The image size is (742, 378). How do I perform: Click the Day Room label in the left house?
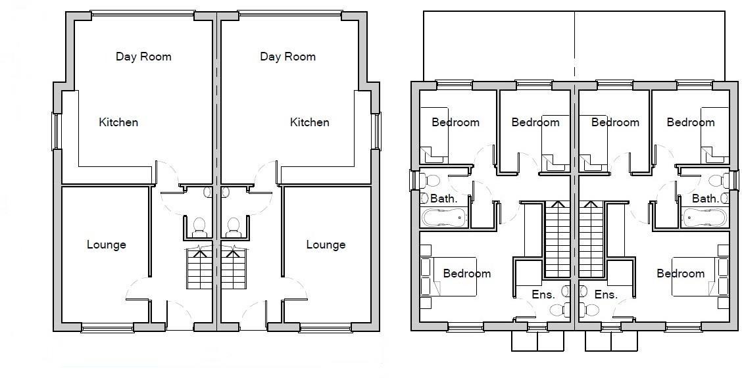(x=143, y=57)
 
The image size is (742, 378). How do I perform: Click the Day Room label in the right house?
(x=287, y=57)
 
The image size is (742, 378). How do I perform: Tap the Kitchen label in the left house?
(x=118, y=122)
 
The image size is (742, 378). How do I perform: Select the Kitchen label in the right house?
(x=309, y=122)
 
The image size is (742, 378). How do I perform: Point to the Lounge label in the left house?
(x=106, y=245)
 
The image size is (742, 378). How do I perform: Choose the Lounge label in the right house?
(x=326, y=245)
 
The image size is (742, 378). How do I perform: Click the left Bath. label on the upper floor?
(x=443, y=198)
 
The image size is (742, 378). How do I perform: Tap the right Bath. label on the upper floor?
(x=705, y=198)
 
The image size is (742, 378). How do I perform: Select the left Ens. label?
(x=543, y=295)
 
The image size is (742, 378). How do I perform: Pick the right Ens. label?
(x=606, y=295)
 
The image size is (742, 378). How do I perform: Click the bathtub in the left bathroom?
(x=444, y=218)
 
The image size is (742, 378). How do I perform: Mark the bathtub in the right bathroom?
(x=704, y=218)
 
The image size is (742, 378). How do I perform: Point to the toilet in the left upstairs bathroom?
(x=431, y=179)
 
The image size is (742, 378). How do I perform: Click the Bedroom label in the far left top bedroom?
(x=455, y=122)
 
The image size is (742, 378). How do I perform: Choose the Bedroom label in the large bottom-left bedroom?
(x=466, y=273)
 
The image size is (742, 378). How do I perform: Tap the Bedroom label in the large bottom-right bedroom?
(x=680, y=273)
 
